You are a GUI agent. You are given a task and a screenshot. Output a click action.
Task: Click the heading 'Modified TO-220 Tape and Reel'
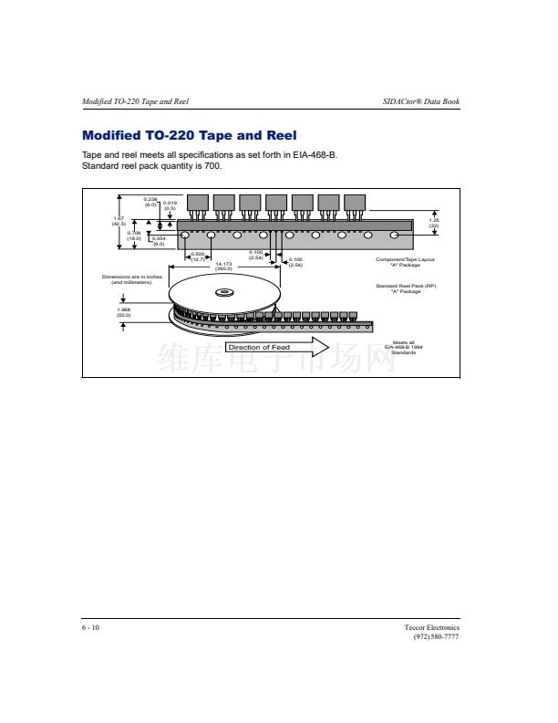(189, 136)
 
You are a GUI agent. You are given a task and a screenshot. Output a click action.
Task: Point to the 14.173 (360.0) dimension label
(222, 267)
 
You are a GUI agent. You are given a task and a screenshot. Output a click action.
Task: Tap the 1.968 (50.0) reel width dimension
(123, 312)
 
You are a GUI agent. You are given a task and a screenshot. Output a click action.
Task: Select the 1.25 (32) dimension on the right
(434, 223)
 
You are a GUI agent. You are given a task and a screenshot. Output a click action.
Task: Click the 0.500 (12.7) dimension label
(198, 257)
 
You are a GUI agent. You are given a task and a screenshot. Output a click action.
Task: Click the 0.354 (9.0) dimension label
(158, 242)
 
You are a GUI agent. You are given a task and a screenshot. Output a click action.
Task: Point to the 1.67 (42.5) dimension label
(119, 221)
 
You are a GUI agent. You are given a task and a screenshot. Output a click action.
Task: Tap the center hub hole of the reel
(223, 293)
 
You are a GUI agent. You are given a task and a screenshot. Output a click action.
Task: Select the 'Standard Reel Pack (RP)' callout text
(406, 288)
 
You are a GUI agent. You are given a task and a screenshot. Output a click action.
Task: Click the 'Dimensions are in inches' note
(131, 280)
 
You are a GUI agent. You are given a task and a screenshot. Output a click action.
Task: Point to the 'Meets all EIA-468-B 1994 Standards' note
(405, 347)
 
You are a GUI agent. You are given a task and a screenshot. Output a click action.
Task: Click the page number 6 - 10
(91, 628)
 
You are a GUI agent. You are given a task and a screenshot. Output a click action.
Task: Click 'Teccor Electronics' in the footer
(432, 628)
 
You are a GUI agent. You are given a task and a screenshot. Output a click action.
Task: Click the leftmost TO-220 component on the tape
(198, 204)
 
